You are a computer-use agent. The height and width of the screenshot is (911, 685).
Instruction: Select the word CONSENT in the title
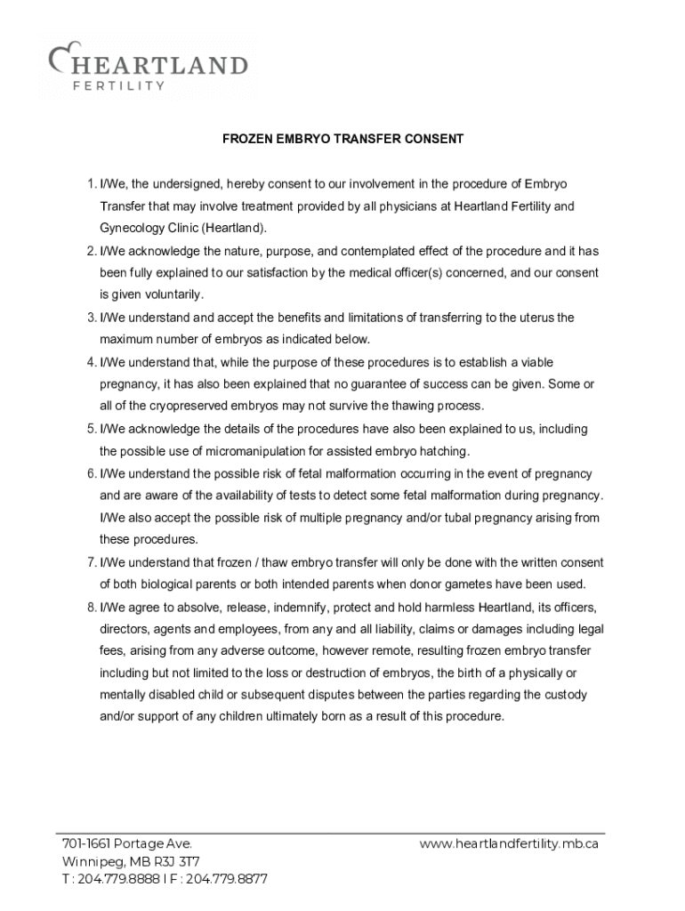click(435, 139)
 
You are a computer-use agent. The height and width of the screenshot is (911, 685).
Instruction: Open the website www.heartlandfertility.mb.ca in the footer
click(509, 843)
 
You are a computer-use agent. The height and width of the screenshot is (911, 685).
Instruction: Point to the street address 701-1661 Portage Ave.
click(126, 843)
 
